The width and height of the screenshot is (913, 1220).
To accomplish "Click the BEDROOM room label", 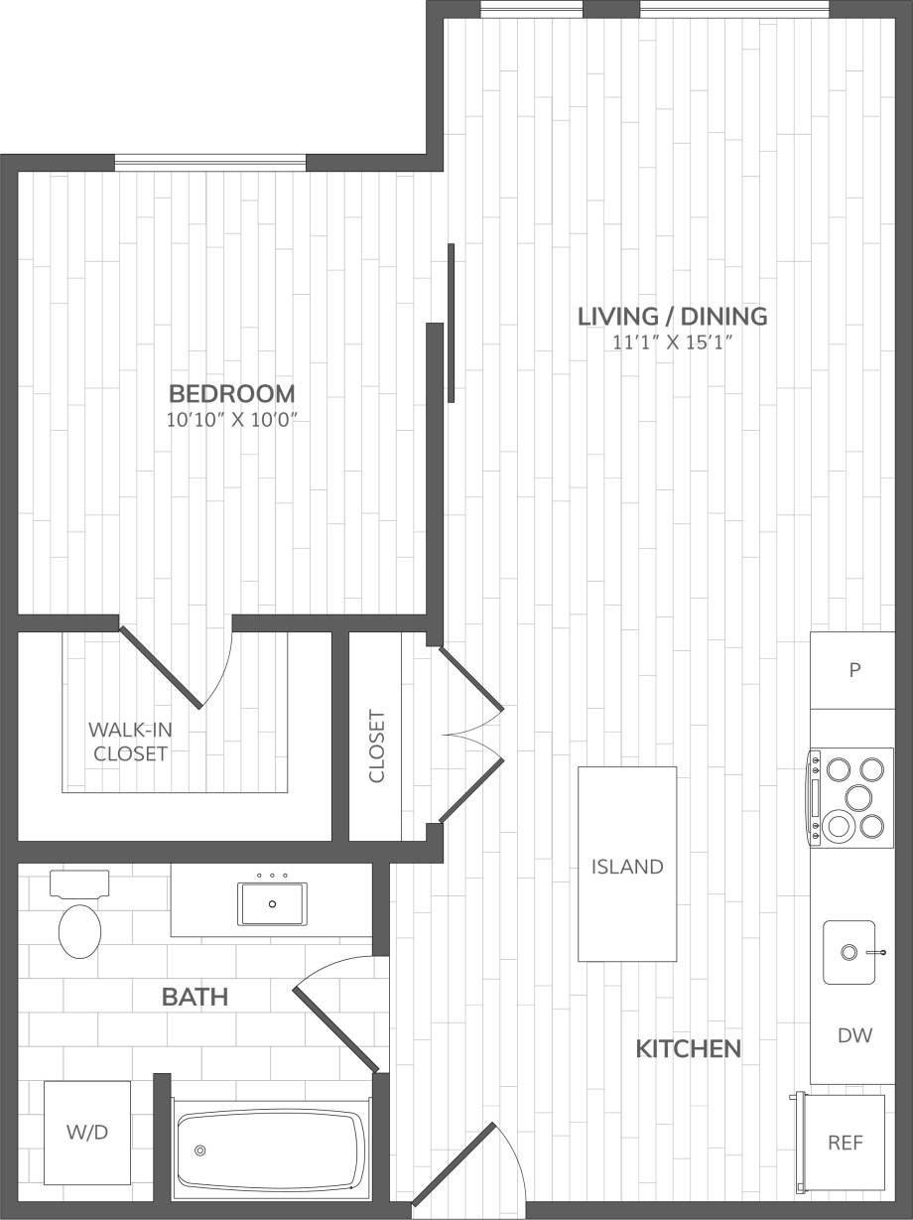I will (x=231, y=392).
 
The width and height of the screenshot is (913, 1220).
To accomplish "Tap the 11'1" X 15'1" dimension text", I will (x=673, y=343).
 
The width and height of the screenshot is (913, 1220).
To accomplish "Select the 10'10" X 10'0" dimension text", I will (x=232, y=419).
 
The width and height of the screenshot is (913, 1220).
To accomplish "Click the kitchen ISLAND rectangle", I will (x=627, y=864).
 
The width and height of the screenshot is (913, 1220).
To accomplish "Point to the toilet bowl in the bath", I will (x=80, y=930).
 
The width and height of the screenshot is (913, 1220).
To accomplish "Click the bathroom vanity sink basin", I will (x=272, y=904).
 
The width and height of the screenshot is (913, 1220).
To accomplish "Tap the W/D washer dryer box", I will (x=87, y=1133).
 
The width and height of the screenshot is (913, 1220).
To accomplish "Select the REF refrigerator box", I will (x=845, y=1143).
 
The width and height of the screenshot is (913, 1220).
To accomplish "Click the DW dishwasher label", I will (x=853, y=1035).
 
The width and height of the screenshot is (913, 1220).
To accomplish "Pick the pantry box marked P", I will (x=852, y=670).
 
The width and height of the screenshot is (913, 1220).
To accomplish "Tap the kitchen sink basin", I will (x=848, y=952).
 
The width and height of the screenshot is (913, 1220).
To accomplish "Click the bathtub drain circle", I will (x=200, y=1151).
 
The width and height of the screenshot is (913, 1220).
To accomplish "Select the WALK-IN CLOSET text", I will (x=130, y=742).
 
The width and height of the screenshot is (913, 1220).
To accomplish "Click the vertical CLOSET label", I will (x=376, y=746).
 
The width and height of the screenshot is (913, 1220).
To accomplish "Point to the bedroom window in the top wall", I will (x=210, y=162).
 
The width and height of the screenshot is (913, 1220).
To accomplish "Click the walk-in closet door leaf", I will (x=161, y=666).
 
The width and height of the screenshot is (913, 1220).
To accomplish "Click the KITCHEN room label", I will (x=688, y=1048).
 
